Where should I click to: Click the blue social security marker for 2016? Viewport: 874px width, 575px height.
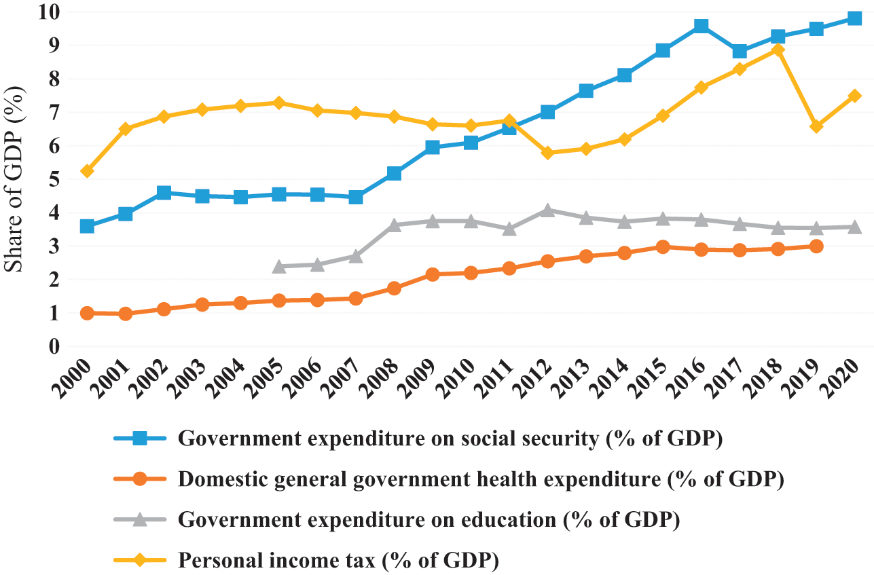point(701,26)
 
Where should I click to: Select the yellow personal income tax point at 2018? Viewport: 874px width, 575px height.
point(778,50)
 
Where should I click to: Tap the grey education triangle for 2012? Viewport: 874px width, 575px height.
point(547,210)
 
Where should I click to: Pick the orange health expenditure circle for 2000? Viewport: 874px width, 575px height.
point(87,313)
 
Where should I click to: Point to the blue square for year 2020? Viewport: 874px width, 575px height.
point(854,19)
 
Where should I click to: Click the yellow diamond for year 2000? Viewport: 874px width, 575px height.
point(87,171)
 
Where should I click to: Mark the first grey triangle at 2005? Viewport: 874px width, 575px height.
point(278,266)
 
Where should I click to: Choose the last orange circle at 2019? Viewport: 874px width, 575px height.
point(816,246)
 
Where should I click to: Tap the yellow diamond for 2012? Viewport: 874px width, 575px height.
point(547,153)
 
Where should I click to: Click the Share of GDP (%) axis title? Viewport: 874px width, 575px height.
point(16,179)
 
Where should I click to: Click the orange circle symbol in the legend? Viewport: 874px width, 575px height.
point(140,479)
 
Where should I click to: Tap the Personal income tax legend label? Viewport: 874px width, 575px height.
point(338,561)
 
